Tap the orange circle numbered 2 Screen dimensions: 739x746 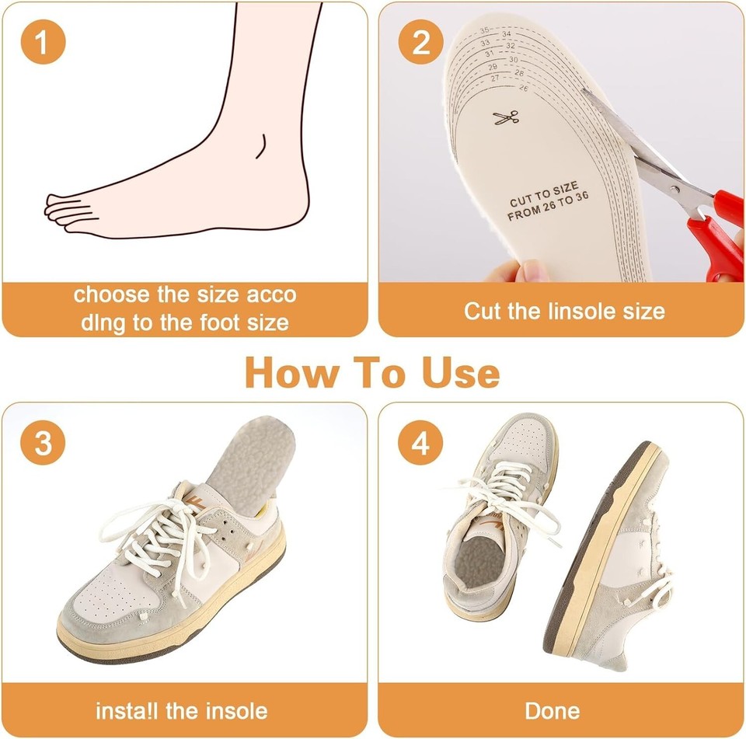pos(420,42)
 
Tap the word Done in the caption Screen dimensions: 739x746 pos(552,710)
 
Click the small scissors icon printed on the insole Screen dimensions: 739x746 pos(505,118)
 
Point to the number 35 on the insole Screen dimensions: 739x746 pos(484,30)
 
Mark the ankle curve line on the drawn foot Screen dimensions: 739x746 pos(263,146)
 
